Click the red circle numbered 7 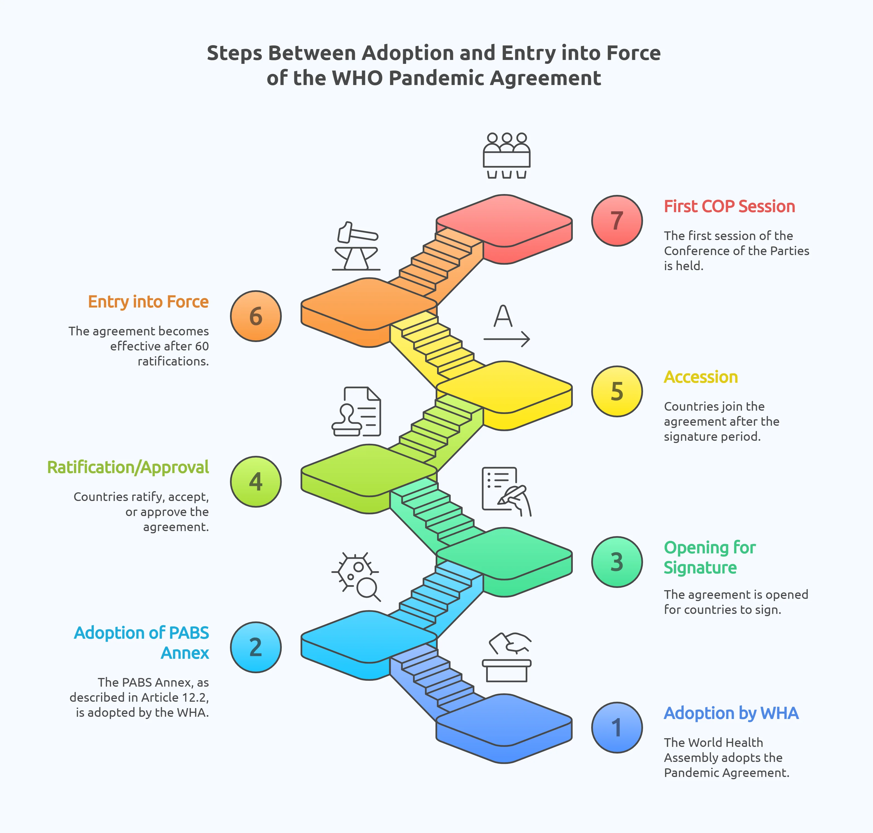coord(617,221)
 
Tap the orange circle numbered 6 coord(256,316)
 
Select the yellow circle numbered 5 coord(617,391)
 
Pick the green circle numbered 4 coord(256,482)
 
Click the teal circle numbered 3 coord(617,562)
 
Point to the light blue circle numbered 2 coord(256,647)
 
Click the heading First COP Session coord(729,207)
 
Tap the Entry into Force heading coord(148,302)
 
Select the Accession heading coord(701,377)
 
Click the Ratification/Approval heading coord(128,468)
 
